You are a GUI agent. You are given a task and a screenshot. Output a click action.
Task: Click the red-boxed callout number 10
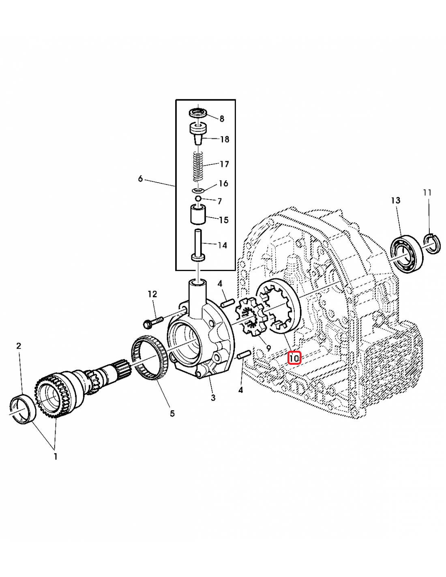tap(294, 358)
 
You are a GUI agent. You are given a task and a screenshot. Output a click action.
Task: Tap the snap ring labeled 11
tap(432, 245)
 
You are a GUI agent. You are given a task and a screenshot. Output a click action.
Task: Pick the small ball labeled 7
tap(198, 198)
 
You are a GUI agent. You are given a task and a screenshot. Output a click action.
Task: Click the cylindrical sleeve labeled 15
tap(198, 214)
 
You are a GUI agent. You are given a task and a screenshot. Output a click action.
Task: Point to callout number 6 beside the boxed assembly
tap(140, 179)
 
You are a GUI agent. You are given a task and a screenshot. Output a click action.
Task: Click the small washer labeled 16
tap(198, 190)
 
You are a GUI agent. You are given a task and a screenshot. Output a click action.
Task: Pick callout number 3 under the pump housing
tap(213, 398)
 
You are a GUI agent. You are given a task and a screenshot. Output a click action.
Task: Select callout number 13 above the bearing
tap(396, 200)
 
